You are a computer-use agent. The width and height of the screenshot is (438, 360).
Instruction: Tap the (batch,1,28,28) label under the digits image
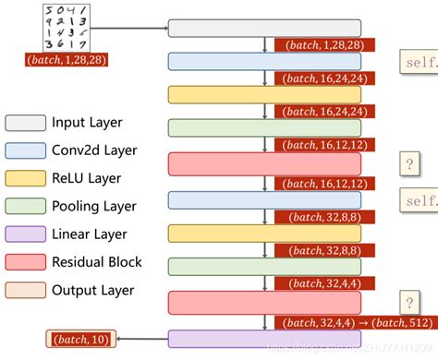tap(67, 60)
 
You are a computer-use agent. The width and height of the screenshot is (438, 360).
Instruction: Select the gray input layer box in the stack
tap(264, 28)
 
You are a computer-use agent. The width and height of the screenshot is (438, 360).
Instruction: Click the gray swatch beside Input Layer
tap(25, 123)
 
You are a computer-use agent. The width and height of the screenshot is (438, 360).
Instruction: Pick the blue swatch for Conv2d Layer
tap(25, 150)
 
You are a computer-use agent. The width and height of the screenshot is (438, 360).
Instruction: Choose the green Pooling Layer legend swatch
tap(25, 207)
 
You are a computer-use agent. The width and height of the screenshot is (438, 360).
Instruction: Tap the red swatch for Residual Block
tap(25, 262)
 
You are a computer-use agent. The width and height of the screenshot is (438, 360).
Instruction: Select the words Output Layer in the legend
tap(93, 290)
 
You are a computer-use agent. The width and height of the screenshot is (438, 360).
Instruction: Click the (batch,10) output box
tap(80, 340)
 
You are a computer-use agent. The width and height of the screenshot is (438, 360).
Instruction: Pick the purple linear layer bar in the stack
tap(264, 339)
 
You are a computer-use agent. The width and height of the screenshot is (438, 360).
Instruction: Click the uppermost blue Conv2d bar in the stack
tap(264, 61)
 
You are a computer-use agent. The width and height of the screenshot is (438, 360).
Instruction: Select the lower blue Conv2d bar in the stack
tap(264, 199)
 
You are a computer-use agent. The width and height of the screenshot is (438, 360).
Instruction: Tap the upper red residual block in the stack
tap(264, 164)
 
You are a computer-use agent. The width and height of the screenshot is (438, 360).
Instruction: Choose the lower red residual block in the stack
tap(264, 302)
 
